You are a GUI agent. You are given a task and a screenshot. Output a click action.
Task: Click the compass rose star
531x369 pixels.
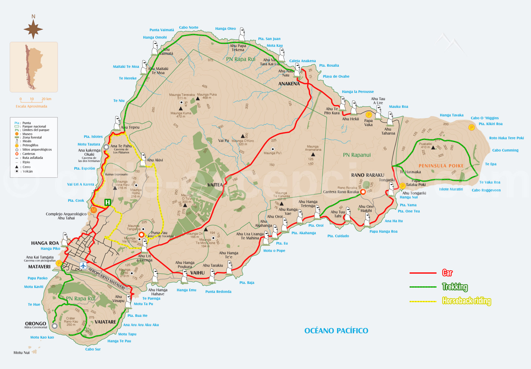(33, 29)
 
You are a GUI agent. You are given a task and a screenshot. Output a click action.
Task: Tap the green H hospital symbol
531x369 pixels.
(107, 203)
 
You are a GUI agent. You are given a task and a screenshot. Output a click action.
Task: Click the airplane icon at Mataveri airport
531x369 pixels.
(83, 266)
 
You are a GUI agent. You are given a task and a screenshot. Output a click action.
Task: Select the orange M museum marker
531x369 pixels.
(94, 210)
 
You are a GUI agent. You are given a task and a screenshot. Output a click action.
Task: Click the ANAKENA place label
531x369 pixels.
(289, 84)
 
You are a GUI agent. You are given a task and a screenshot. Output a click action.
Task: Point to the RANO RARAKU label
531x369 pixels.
(368, 175)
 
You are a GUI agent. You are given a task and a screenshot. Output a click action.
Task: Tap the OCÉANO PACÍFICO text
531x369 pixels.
(336, 331)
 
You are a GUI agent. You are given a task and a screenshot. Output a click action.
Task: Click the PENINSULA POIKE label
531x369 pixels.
(441, 166)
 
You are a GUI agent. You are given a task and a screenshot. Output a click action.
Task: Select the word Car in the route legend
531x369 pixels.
(447, 273)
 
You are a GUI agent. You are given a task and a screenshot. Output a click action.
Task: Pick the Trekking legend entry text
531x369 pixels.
(455, 287)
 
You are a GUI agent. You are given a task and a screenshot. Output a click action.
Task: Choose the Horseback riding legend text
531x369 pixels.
(466, 301)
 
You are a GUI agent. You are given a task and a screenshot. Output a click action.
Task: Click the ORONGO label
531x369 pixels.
(36, 324)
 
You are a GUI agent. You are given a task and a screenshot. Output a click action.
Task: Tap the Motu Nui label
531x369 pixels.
(21, 352)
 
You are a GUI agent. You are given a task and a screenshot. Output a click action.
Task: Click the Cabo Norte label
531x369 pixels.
(188, 28)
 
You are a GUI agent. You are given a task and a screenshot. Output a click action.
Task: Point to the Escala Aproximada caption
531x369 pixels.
(31, 106)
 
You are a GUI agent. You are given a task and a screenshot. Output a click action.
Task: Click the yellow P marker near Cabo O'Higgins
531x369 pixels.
(472, 127)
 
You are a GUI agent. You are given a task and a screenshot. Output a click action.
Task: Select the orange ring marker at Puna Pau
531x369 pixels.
(141, 234)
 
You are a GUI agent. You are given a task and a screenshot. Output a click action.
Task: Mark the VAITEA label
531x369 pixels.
(215, 185)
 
